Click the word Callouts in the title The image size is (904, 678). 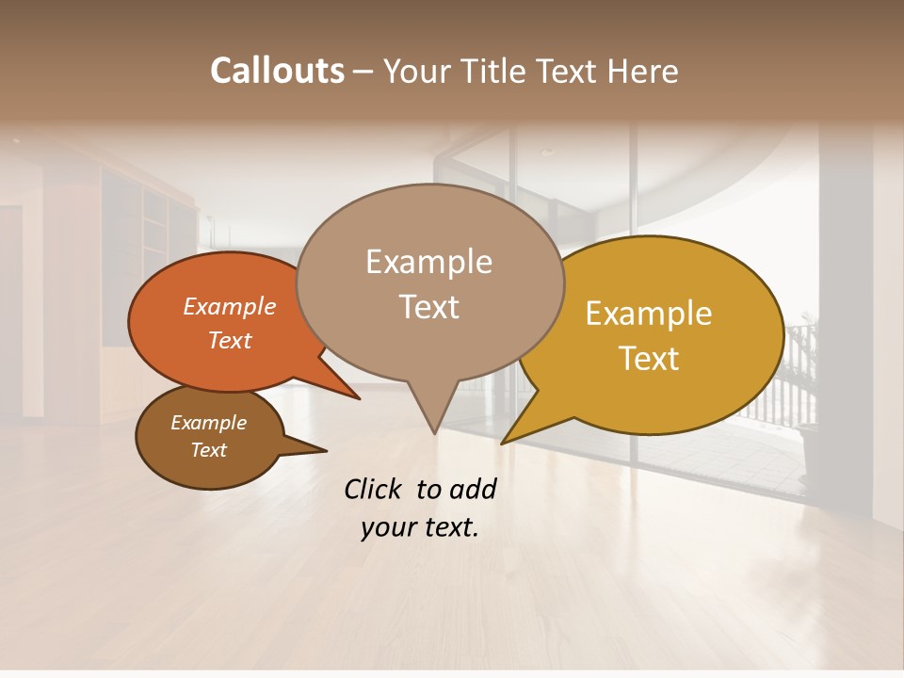pyautogui.click(x=277, y=71)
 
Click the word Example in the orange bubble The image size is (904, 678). pyautogui.click(x=229, y=306)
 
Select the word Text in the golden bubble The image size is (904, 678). pyautogui.click(x=650, y=359)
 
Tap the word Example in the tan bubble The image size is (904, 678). pyautogui.click(x=428, y=262)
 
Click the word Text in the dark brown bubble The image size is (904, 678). pyautogui.click(x=208, y=450)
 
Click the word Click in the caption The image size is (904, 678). pyautogui.click(x=373, y=489)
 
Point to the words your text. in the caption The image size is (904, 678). pyautogui.click(x=420, y=527)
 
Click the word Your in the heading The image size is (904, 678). pyautogui.click(x=415, y=71)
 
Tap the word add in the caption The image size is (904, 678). pyautogui.click(x=473, y=489)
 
